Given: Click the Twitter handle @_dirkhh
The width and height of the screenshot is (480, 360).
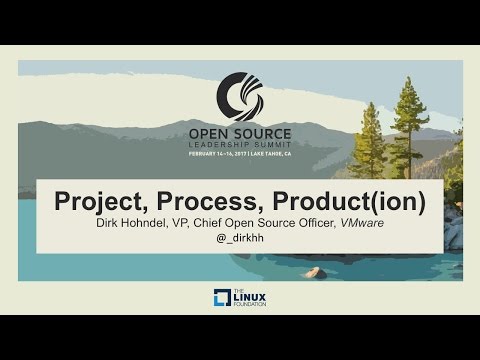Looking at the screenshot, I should [x=240, y=240].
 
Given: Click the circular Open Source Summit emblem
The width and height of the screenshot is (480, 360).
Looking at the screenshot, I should [x=239, y=95].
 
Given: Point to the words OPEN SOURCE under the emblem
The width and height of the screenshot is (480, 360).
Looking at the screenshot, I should [x=240, y=131].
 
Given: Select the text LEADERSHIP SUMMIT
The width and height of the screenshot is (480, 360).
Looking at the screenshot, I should [x=240, y=144].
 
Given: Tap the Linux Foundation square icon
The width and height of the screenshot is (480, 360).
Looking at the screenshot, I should [x=222, y=297].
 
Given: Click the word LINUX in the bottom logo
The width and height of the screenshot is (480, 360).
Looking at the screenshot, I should [x=249, y=296].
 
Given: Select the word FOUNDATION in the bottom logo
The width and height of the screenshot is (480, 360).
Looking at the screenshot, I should [x=249, y=305].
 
